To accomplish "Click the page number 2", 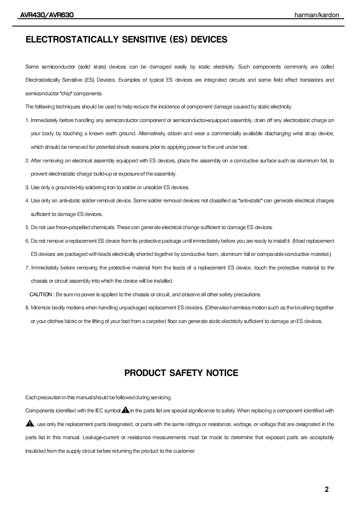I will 327,489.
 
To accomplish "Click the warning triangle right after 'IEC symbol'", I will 126,411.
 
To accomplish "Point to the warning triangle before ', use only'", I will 30,424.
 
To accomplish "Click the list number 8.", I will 27,308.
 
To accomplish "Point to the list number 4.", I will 27,201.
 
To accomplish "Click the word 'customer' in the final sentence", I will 184,451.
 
